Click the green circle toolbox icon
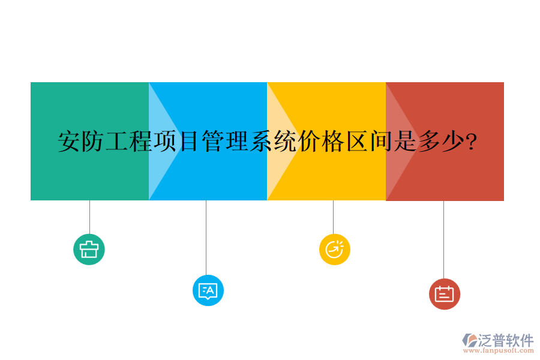(x=89, y=249)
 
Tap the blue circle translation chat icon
(x=208, y=290)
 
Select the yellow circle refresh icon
(x=334, y=249)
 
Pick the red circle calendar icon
(x=444, y=294)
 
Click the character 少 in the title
(x=454, y=142)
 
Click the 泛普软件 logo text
(x=506, y=340)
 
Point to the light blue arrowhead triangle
(x=162, y=142)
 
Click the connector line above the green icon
(x=89, y=217)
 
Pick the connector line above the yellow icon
(x=333, y=217)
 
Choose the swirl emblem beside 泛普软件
(x=469, y=340)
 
